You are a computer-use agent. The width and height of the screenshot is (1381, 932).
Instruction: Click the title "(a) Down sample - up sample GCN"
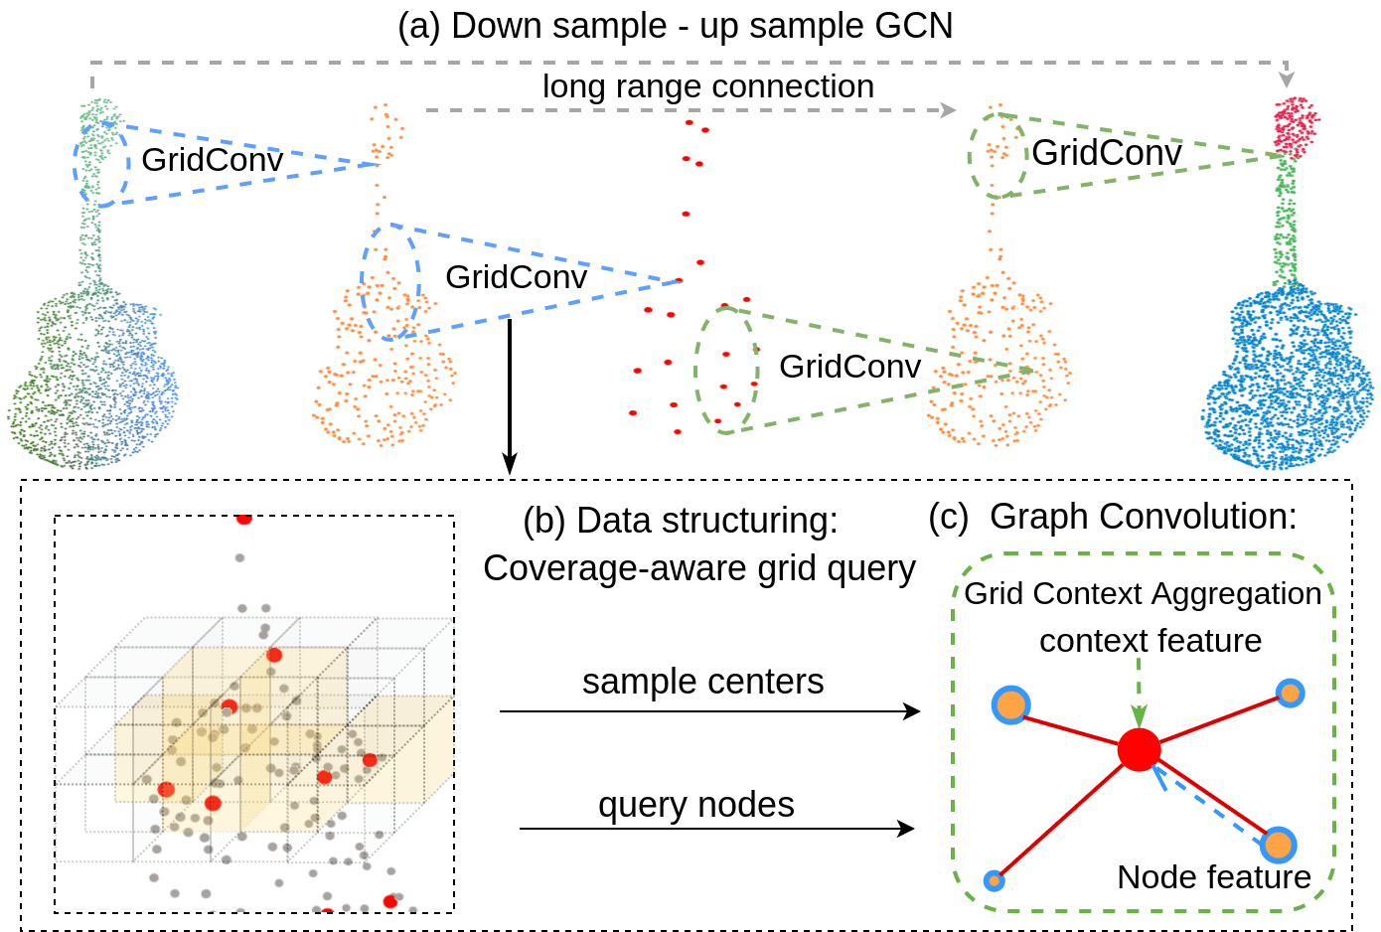(x=675, y=26)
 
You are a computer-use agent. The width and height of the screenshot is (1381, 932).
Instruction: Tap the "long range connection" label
(x=707, y=86)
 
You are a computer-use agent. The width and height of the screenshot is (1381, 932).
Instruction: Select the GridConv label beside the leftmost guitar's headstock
(x=212, y=159)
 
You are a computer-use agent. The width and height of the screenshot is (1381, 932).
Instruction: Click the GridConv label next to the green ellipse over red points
(x=849, y=366)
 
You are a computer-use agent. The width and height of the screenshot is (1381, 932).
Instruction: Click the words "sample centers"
(x=702, y=682)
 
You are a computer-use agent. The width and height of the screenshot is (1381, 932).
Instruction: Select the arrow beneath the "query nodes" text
(x=715, y=829)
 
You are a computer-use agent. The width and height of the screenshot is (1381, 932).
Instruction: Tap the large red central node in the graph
(x=1139, y=749)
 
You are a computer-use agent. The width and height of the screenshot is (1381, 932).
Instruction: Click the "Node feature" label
(x=1213, y=876)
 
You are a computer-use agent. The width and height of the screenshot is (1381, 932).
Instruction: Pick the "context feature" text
(x=1150, y=641)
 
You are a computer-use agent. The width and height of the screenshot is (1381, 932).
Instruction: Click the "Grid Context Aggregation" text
(x=1143, y=593)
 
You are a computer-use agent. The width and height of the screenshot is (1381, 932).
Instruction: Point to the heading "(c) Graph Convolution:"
(x=1112, y=517)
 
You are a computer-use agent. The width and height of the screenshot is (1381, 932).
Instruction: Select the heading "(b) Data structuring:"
(x=680, y=520)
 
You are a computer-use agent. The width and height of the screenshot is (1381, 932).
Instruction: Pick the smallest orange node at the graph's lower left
(x=994, y=880)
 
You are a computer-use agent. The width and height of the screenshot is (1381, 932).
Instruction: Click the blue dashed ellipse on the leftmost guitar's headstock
(x=101, y=164)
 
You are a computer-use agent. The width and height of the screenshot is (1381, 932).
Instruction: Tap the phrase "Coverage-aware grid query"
(x=698, y=568)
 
